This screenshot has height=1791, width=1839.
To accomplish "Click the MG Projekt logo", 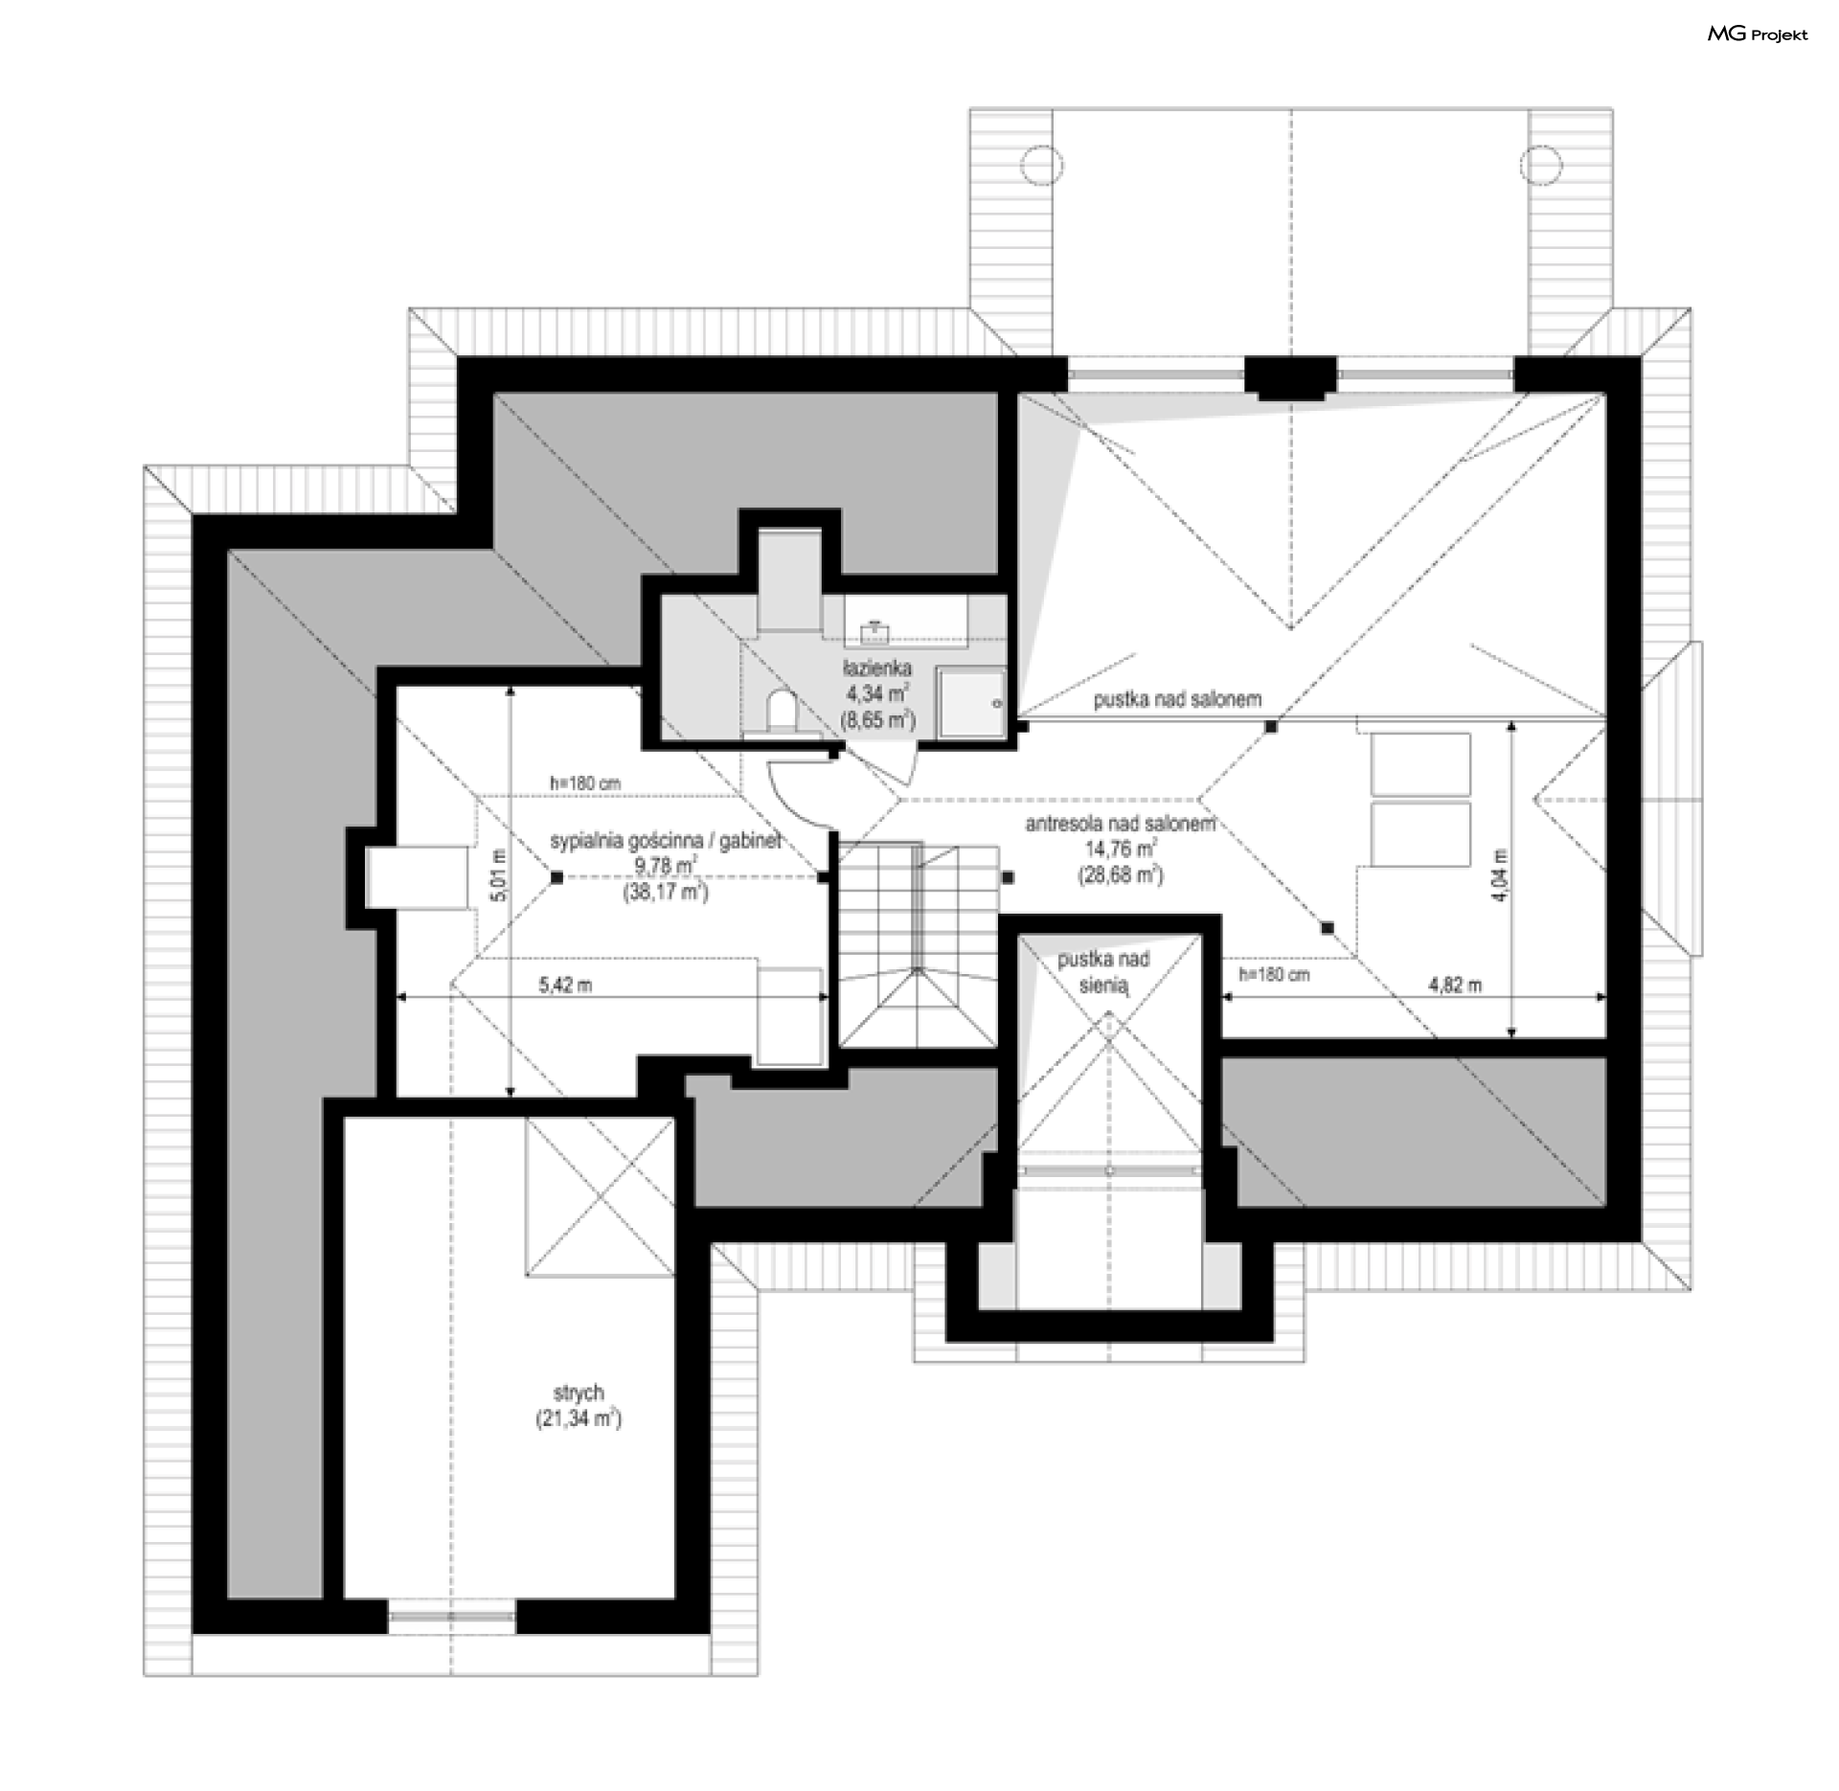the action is (x=1758, y=34).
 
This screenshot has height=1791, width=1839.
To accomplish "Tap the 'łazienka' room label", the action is (x=877, y=668).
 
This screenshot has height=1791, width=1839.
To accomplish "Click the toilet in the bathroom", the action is (x=783, y=709).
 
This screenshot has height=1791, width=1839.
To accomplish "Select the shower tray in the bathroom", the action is (x=970, y=703).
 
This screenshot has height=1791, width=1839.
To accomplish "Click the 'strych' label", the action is (x=579, y=1394).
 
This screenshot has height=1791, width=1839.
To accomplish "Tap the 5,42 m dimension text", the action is (x=566, y=985).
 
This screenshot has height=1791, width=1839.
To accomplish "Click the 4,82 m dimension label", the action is (x=1455, y=985).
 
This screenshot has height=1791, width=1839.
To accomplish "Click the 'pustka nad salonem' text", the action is (x=1177, y=700).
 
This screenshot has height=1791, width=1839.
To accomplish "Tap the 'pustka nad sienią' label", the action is (x=1103, y=972).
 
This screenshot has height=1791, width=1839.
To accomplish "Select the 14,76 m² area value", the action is (x=1121, y=849).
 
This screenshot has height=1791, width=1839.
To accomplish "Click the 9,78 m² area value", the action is (x=666, y=867).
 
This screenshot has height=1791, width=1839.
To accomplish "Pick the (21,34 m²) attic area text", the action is (x=579, y=1419).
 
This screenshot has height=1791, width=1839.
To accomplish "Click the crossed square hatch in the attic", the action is (x=600, y=1196).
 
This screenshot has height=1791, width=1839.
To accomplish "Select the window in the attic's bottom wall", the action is (x=452, y=1616).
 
